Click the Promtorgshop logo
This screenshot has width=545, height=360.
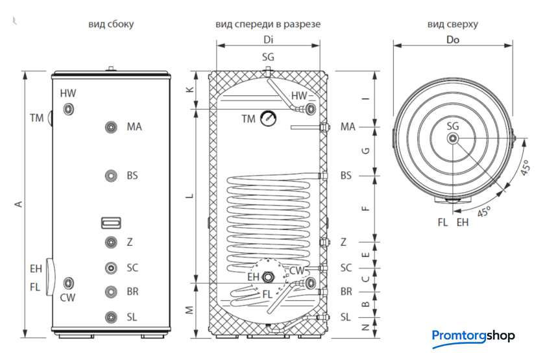(474, 336)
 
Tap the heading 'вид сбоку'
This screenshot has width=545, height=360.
(111, 25)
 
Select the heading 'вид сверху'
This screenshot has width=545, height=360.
(453, 25)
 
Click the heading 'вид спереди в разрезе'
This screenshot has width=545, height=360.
(268, 25)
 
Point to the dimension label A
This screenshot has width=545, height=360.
(19, 204)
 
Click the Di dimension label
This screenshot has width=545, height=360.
(268, 40)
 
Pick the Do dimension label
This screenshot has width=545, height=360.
(453, 40)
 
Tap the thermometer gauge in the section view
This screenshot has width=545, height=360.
(267, 118)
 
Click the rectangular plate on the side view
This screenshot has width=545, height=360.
(111, 222)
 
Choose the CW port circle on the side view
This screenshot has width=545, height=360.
(69, 283)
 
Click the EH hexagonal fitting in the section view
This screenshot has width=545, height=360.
(269, 277)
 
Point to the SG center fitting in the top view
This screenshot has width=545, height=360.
(453, 138)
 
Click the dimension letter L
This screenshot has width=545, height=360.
(189, 195)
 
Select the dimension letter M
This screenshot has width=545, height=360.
(189, 310)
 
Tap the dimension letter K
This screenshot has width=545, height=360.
(189, 90)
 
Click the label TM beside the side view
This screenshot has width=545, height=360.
(36, 118)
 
